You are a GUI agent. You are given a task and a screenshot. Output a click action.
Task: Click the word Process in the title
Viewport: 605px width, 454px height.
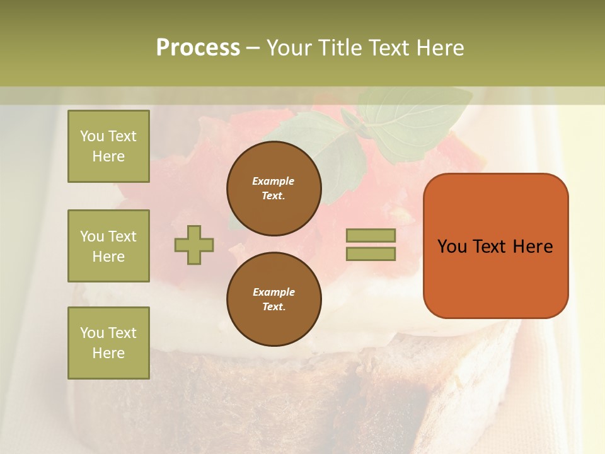(x=198, y=48)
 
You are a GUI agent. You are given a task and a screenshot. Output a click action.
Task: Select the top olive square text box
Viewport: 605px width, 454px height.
(x=108, y=146)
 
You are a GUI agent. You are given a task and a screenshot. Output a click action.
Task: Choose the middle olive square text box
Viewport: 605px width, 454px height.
(x=108, y=246)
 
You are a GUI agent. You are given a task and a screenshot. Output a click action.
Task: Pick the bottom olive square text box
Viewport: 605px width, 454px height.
(x=108, y=343)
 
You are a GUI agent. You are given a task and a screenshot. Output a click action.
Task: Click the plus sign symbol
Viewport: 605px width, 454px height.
(x=194, y=245)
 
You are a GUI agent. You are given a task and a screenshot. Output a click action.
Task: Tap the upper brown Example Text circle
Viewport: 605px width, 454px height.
(x=274, y=189)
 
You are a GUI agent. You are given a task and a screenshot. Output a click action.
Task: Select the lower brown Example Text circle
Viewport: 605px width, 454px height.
(x=274, y=300)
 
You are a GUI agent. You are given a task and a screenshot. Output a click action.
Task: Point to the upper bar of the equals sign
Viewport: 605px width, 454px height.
(x=371, y=236)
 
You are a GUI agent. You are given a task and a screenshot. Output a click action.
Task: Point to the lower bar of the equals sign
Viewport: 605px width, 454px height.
(x=371, y=253)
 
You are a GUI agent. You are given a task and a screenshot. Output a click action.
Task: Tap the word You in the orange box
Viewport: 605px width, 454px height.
(x=452, y=247)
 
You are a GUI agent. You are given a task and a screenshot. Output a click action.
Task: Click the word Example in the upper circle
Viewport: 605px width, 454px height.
(x=273, y=181)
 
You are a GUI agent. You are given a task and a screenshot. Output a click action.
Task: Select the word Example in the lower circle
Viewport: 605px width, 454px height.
(x=274, y=292)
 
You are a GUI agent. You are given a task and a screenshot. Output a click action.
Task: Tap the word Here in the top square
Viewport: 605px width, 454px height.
(x=108, y=156)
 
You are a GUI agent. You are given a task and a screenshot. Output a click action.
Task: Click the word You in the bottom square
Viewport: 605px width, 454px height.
(x=93, y=333)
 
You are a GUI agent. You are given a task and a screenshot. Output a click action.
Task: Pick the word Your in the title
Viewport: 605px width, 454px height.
(x=290, y=48)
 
